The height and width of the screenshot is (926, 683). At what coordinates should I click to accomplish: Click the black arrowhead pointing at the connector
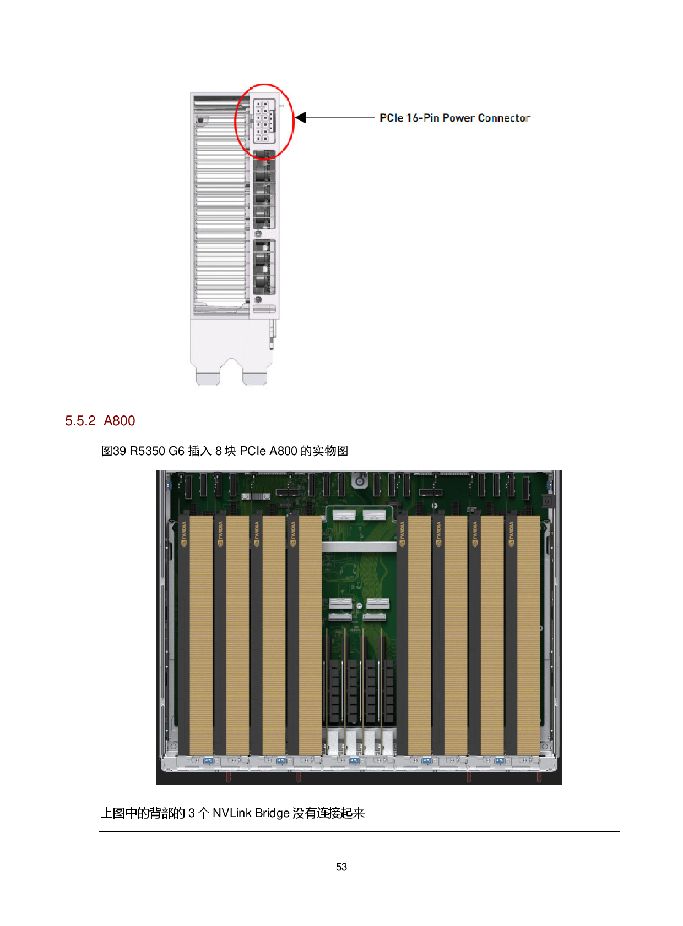pyautogui.click(x=300, y=118)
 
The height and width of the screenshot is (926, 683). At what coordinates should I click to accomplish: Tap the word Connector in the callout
pyautogui.click(x=504, y=118)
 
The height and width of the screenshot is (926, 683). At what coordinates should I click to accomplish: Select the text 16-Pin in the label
pyautogui.click(x=422, y=118)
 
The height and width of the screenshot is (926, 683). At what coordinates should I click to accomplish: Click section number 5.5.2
pyautogui.click(x=80, y=421)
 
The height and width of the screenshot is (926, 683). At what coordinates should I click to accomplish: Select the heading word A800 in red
pyautogui.click(x=119, y=421)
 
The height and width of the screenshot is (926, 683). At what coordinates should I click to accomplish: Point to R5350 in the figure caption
pyautogui.click(x=148, y=451)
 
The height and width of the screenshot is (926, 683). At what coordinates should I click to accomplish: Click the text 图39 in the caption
pyautogui.click(x=113, y=451)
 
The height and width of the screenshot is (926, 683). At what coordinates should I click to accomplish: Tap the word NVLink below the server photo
pyautogui.click(x=232, y=813)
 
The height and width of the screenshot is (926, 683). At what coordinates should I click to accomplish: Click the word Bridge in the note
pyautogui.click(x=272, y=814)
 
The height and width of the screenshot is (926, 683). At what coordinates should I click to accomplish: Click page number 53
pyautogui.click(x=341, y=867)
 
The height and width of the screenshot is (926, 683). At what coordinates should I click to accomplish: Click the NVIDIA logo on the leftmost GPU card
pyautogui.click(x=184, y=534)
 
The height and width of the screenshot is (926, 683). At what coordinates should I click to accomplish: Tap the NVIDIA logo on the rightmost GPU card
pyautogui.click(x=511, y=534)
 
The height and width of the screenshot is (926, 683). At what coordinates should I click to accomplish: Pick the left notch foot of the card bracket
pyautogui.click(x=208, y=378)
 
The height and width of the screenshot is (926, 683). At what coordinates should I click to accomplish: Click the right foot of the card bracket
pyautogui.click(x=255, y=378)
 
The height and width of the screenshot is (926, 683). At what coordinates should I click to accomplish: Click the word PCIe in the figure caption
pyautogui.click(x=252, y=451)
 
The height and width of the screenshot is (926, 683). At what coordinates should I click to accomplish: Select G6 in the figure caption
pyautogui.click(x=176, y=451)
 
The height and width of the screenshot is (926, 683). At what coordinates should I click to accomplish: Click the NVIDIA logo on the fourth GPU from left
pyautogui.click(x=293, y=534)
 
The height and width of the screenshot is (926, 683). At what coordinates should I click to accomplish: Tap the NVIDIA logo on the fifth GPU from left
pyautogui.click(x=402, y=534)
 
